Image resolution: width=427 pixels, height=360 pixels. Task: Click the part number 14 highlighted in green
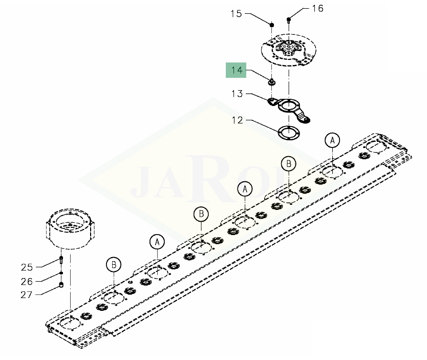236,70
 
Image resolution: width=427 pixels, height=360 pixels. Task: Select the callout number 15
236,14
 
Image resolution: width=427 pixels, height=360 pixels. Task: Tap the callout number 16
317,8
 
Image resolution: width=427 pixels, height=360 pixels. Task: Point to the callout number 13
237,94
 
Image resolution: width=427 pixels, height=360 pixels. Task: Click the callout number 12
237,120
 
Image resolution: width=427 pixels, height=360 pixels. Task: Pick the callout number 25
27,267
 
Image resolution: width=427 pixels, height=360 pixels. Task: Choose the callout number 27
27,294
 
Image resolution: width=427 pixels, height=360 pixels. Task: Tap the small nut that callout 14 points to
271,81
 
